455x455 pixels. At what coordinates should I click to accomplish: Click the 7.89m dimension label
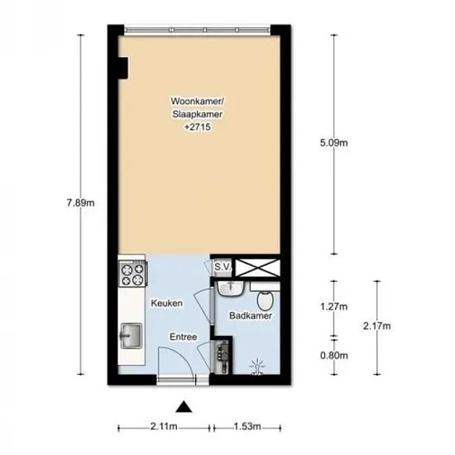coord(81,203)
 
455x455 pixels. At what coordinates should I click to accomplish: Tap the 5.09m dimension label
coord(334,143)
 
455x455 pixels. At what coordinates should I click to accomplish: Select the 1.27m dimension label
coord(334,306)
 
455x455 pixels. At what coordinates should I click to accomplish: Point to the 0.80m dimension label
coord(334,355)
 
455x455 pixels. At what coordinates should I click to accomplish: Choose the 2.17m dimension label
coord(377,326)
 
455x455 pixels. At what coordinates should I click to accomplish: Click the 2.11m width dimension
coord(164,427)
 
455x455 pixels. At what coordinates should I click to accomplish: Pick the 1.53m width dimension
coord(247,427)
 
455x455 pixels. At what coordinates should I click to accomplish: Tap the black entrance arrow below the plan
coord(184,407)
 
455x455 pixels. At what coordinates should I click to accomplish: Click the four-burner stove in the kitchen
coord(133,274)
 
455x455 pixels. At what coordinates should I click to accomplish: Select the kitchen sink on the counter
coord(132,335)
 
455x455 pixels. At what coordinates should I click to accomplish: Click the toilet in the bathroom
coord(266,300)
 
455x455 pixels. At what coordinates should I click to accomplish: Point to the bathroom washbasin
coord(231,289)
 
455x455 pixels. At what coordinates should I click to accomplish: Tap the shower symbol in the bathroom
coord(256,367)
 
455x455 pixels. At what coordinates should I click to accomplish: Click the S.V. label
coord(223,266)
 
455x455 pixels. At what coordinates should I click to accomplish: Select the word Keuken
coord(167,304)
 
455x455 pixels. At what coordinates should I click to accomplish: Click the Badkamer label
coord(251,315)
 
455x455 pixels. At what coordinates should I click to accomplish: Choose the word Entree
coord(184,337)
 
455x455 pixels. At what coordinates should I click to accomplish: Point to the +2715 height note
coord(198,127)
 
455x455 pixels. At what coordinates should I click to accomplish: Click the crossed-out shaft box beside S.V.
coord(257,267)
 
